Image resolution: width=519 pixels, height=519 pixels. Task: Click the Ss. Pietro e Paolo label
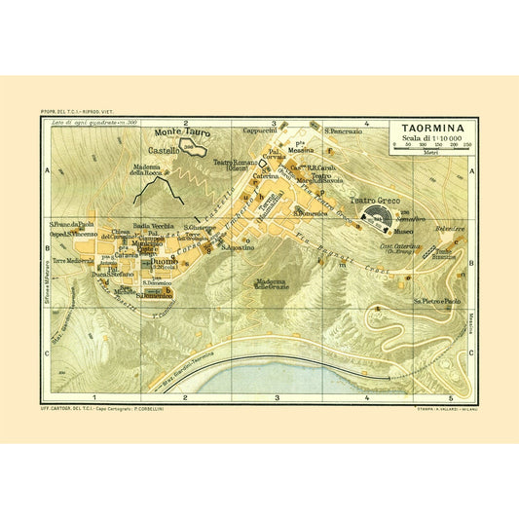[x=432, y=302]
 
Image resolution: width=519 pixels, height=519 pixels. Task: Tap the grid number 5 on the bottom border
[x=451, y=398]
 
